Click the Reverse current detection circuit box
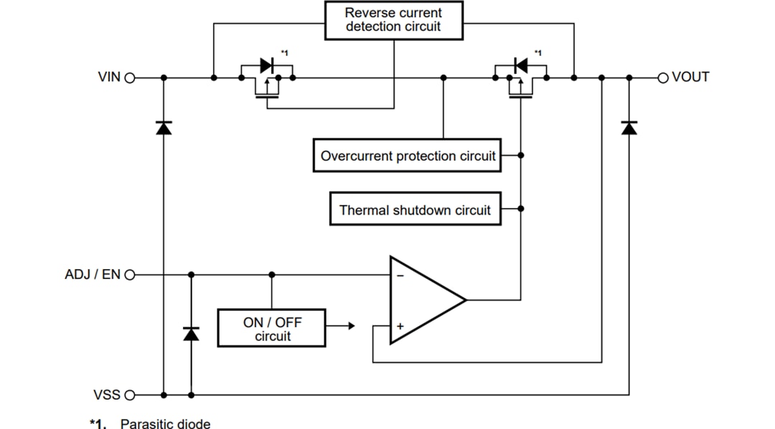(x=393, y=21)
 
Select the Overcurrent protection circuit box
(x=408, y=156)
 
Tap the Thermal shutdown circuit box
(x=415, y=209)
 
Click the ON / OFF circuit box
(x=272, y=329)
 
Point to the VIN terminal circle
(x=130, y=77)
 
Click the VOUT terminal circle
(x=663, y=77)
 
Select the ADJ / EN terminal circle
(x=130, y=275)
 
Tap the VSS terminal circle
(x=130, y=395)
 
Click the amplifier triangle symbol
(x=423, y=300)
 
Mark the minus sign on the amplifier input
(x=400, y=275)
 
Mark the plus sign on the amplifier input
(x=400, y=326)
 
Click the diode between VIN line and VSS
(x=164, y=128)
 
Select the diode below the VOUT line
(x=629, y=128)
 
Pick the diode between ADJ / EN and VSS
(x=191, y=334)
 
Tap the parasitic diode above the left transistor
(x=266, y=65)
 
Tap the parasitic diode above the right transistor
(x=520, y=65)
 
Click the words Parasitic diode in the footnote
(x=165, y=423)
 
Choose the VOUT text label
(x=690, y=77)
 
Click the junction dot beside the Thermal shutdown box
(x=521, y=209)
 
